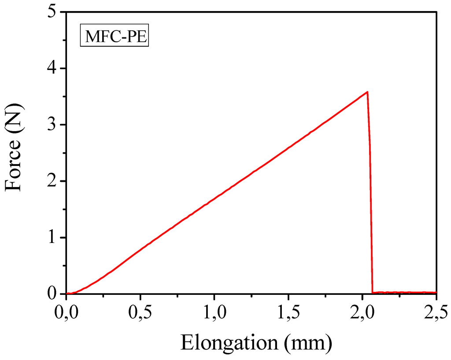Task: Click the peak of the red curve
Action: (367, 92)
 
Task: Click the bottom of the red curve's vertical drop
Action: (373, 292)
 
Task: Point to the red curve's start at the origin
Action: (67, 293)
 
